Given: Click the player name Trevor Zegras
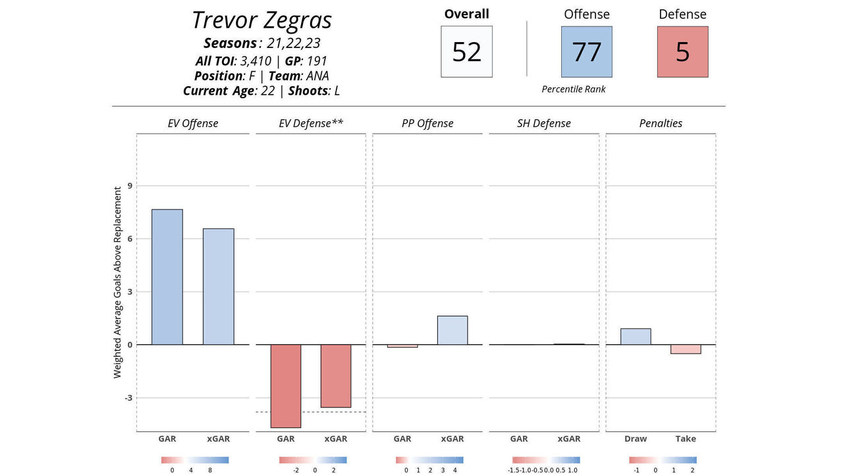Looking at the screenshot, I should click(261, 20).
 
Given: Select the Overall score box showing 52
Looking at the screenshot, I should click(466, 51).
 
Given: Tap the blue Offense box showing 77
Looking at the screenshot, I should click(586, 51).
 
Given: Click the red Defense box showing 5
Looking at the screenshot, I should click(682, 51).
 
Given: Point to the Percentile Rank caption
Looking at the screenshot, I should click(574, 89).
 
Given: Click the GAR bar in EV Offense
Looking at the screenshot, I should click(167, 276).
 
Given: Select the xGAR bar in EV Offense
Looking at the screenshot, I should click(218, 286).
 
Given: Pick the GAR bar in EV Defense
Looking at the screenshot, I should click(286, 386).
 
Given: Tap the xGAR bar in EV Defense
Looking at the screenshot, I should click(336, 375).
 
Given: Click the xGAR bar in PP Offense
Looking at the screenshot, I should click(452, 330).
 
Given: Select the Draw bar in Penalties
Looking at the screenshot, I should click(636, 336).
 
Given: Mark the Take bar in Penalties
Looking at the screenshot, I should click(686, 349).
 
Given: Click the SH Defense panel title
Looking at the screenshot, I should click(544, 123).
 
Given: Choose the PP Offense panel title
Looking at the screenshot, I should click(427, 123).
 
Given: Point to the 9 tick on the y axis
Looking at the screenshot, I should click(130, 186).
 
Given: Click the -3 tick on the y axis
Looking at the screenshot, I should click(128, 398).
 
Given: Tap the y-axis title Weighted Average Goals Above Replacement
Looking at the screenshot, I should click(118, 282).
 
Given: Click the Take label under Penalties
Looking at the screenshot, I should click(686, 438).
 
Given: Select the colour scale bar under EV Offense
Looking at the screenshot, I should click(194, 460).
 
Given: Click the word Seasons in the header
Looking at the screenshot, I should click(230, 43).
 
